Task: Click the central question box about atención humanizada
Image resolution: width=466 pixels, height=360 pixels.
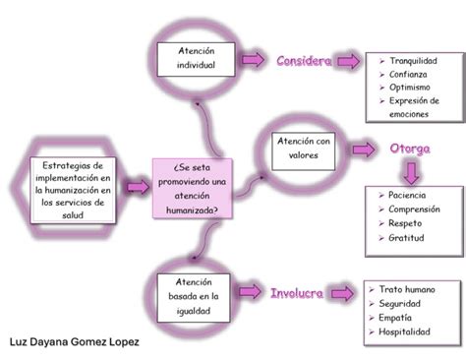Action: coord(194,188)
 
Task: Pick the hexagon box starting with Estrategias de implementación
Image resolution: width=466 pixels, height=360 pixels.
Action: coord(74,188)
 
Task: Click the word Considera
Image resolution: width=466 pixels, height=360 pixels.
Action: coord(304,61)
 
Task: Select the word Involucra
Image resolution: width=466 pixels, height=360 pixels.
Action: coord(296,293)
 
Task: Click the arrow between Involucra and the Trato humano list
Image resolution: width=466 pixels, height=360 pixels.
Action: coord(342,293)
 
